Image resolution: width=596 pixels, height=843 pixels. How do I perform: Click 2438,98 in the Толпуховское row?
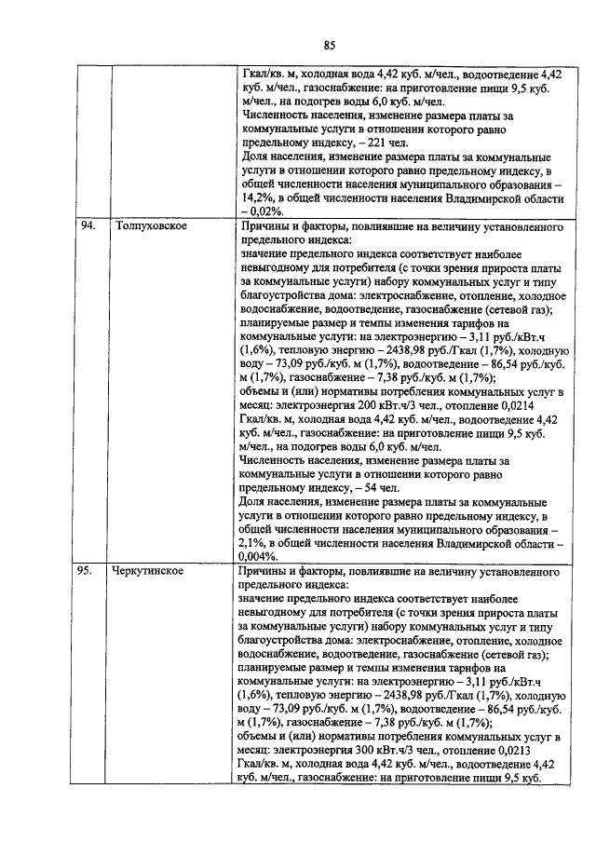pos(379,350)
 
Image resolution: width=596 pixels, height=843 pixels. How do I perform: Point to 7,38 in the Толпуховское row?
pos(372,378)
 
